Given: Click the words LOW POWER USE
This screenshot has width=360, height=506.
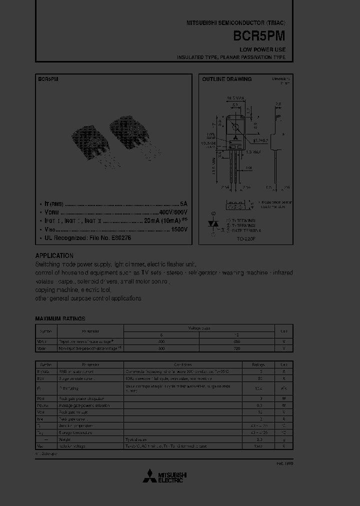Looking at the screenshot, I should [262, 49].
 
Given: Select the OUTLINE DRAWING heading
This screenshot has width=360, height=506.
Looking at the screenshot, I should [226, 79].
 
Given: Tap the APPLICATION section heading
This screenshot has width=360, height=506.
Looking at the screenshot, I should [54, 255].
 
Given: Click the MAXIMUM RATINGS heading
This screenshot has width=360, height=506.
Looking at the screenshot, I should [60, 318].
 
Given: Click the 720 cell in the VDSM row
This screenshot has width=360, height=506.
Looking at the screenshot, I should [237, 347].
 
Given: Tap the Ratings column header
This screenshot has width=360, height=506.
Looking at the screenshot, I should [258, 364].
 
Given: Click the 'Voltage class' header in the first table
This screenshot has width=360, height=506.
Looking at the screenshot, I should [199, 328].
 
